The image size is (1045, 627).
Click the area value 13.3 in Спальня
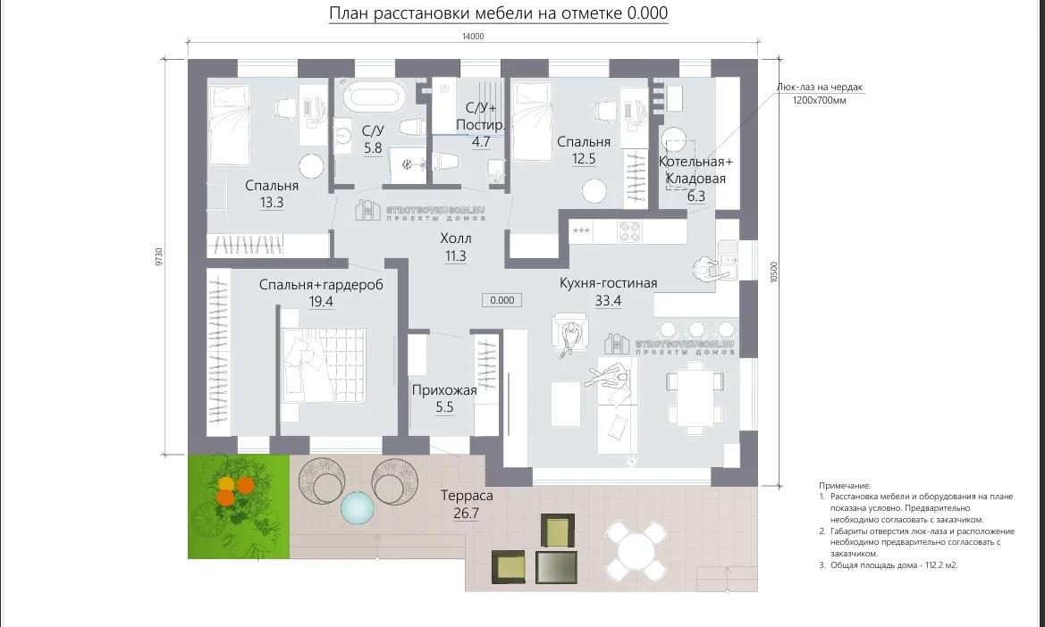272,203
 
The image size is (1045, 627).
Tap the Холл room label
456,239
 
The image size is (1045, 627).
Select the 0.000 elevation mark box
502,300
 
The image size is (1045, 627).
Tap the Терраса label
467,496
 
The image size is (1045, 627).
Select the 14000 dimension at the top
473,37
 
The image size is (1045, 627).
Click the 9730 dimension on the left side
158,257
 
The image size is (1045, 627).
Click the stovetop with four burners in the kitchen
630,231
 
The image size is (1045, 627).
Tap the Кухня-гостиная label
608,283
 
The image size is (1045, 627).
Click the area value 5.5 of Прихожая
444,407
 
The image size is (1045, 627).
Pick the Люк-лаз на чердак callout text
819,88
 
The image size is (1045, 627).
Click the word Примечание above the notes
845,485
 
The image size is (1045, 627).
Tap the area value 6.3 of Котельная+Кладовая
696,196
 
